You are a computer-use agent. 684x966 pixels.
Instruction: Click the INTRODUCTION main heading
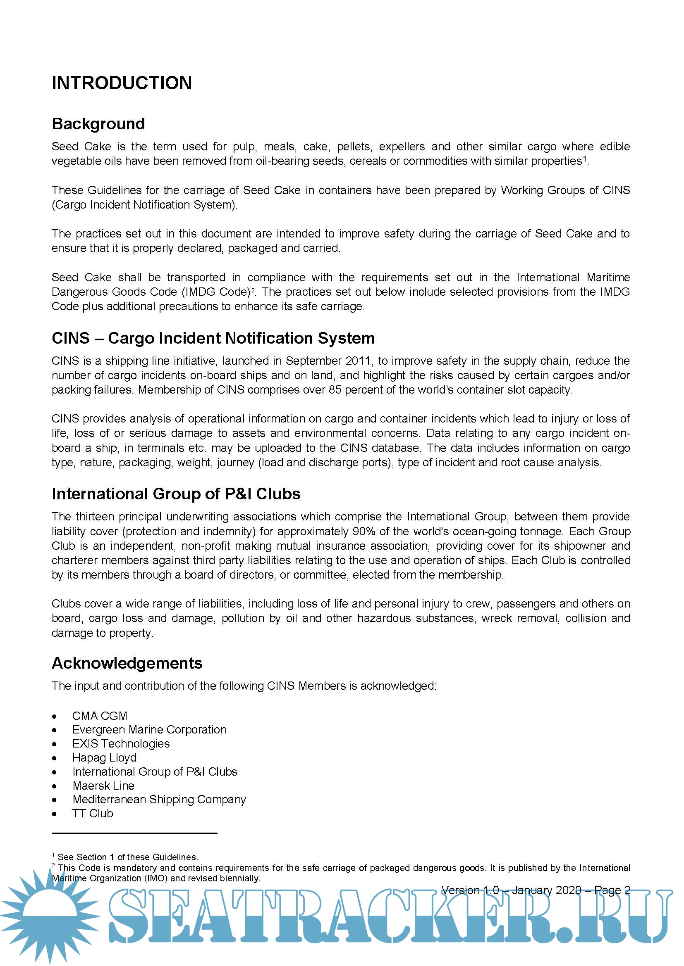point(122,83)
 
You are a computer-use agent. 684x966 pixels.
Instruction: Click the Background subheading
point(98,124)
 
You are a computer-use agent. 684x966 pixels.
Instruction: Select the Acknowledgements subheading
point(127,663)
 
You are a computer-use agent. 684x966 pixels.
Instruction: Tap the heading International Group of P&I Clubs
point(176,494)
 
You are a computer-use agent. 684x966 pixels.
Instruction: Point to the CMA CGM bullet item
point(99,716)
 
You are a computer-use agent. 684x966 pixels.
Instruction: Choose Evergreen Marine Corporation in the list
point(149,729)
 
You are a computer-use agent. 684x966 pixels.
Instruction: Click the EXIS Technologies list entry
point(121,743)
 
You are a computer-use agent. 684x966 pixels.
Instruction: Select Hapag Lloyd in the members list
point(105,757)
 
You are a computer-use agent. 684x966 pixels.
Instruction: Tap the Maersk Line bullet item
point(103,786)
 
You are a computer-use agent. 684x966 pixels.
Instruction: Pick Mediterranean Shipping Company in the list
point(159,800)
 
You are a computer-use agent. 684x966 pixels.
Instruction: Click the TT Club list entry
point(93,813)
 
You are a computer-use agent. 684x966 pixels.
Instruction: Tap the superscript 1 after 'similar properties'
point(585,159)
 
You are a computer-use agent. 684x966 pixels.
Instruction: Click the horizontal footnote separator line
point(134,833)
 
